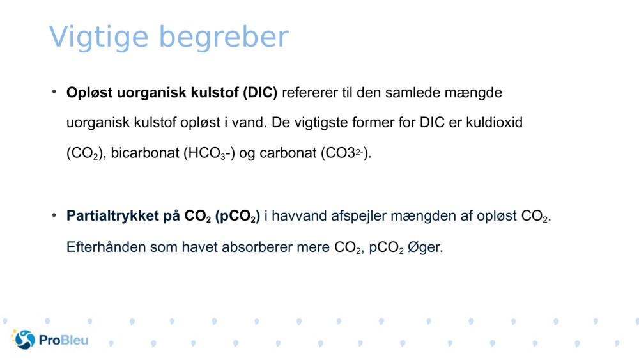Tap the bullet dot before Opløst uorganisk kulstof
[x=55, y=91]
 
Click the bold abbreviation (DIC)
[x=259, y=93]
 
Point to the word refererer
[x=309, y=93]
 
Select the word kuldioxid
[x=493, y=123]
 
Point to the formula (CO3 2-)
[x=344, y=154]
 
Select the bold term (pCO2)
[x=237, y=217]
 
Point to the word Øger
[x=425, y=247]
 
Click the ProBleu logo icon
[x=24, y=340]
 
